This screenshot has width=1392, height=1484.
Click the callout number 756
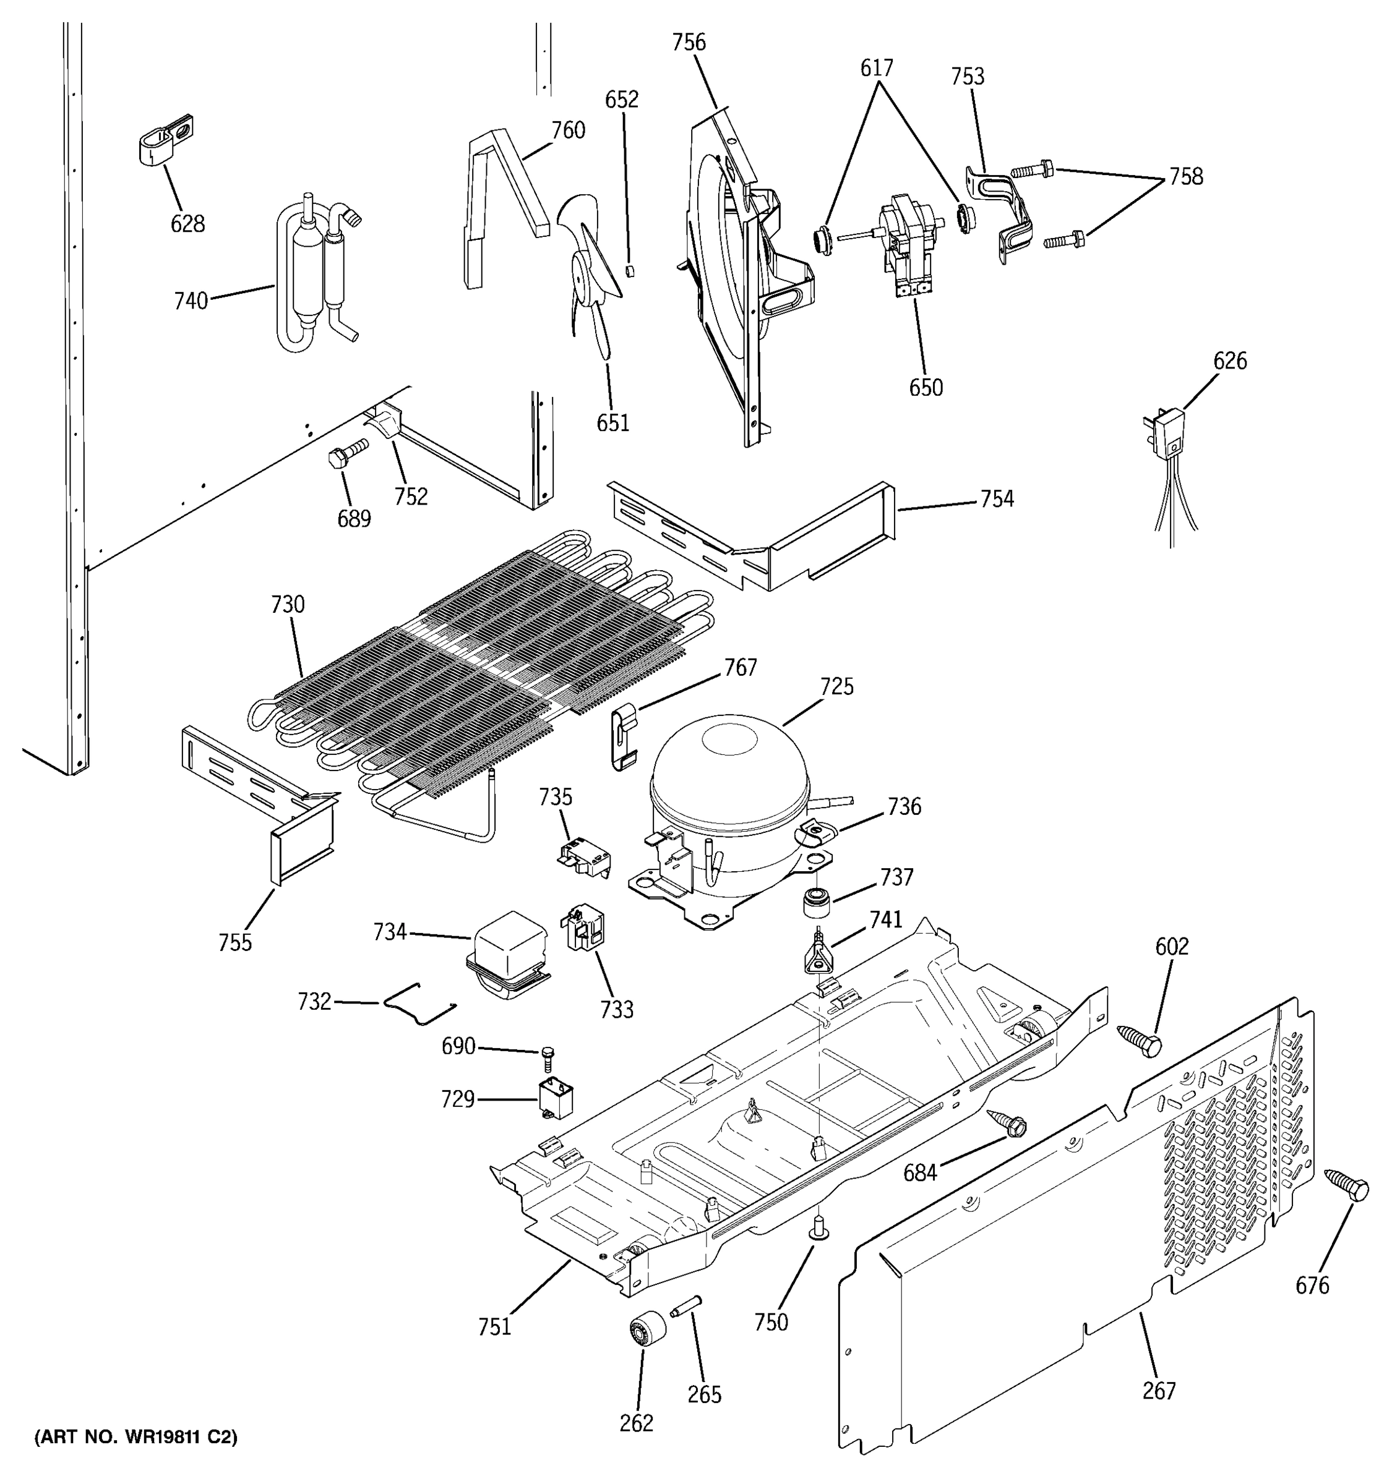click(688, 43)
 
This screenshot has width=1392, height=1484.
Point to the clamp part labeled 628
click(166, 140)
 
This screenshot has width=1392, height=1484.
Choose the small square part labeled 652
click(630, 270)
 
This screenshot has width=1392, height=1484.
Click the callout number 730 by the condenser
click(288, 604)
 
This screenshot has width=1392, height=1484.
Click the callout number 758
click(1186, 176)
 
